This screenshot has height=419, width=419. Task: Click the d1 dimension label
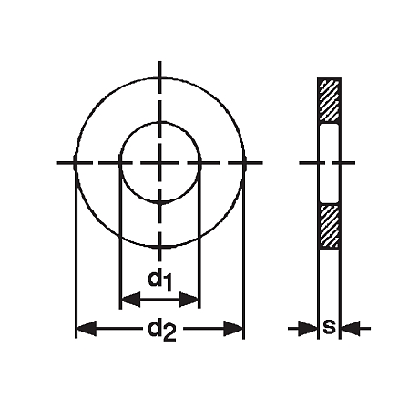coord(159,281)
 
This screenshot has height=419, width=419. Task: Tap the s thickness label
coord(330,327)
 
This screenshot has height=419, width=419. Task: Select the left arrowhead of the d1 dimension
coord(131,300)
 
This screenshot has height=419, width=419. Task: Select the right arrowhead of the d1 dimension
coord(189,300)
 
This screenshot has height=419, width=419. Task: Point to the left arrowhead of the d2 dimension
coord(87,328)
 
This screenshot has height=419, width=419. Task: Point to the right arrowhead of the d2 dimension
coord(233,328)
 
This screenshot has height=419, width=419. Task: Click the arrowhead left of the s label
coord(308,328)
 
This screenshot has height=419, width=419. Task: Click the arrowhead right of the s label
coord(351,328)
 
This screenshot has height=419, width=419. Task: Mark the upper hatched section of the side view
coord(330,100)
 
